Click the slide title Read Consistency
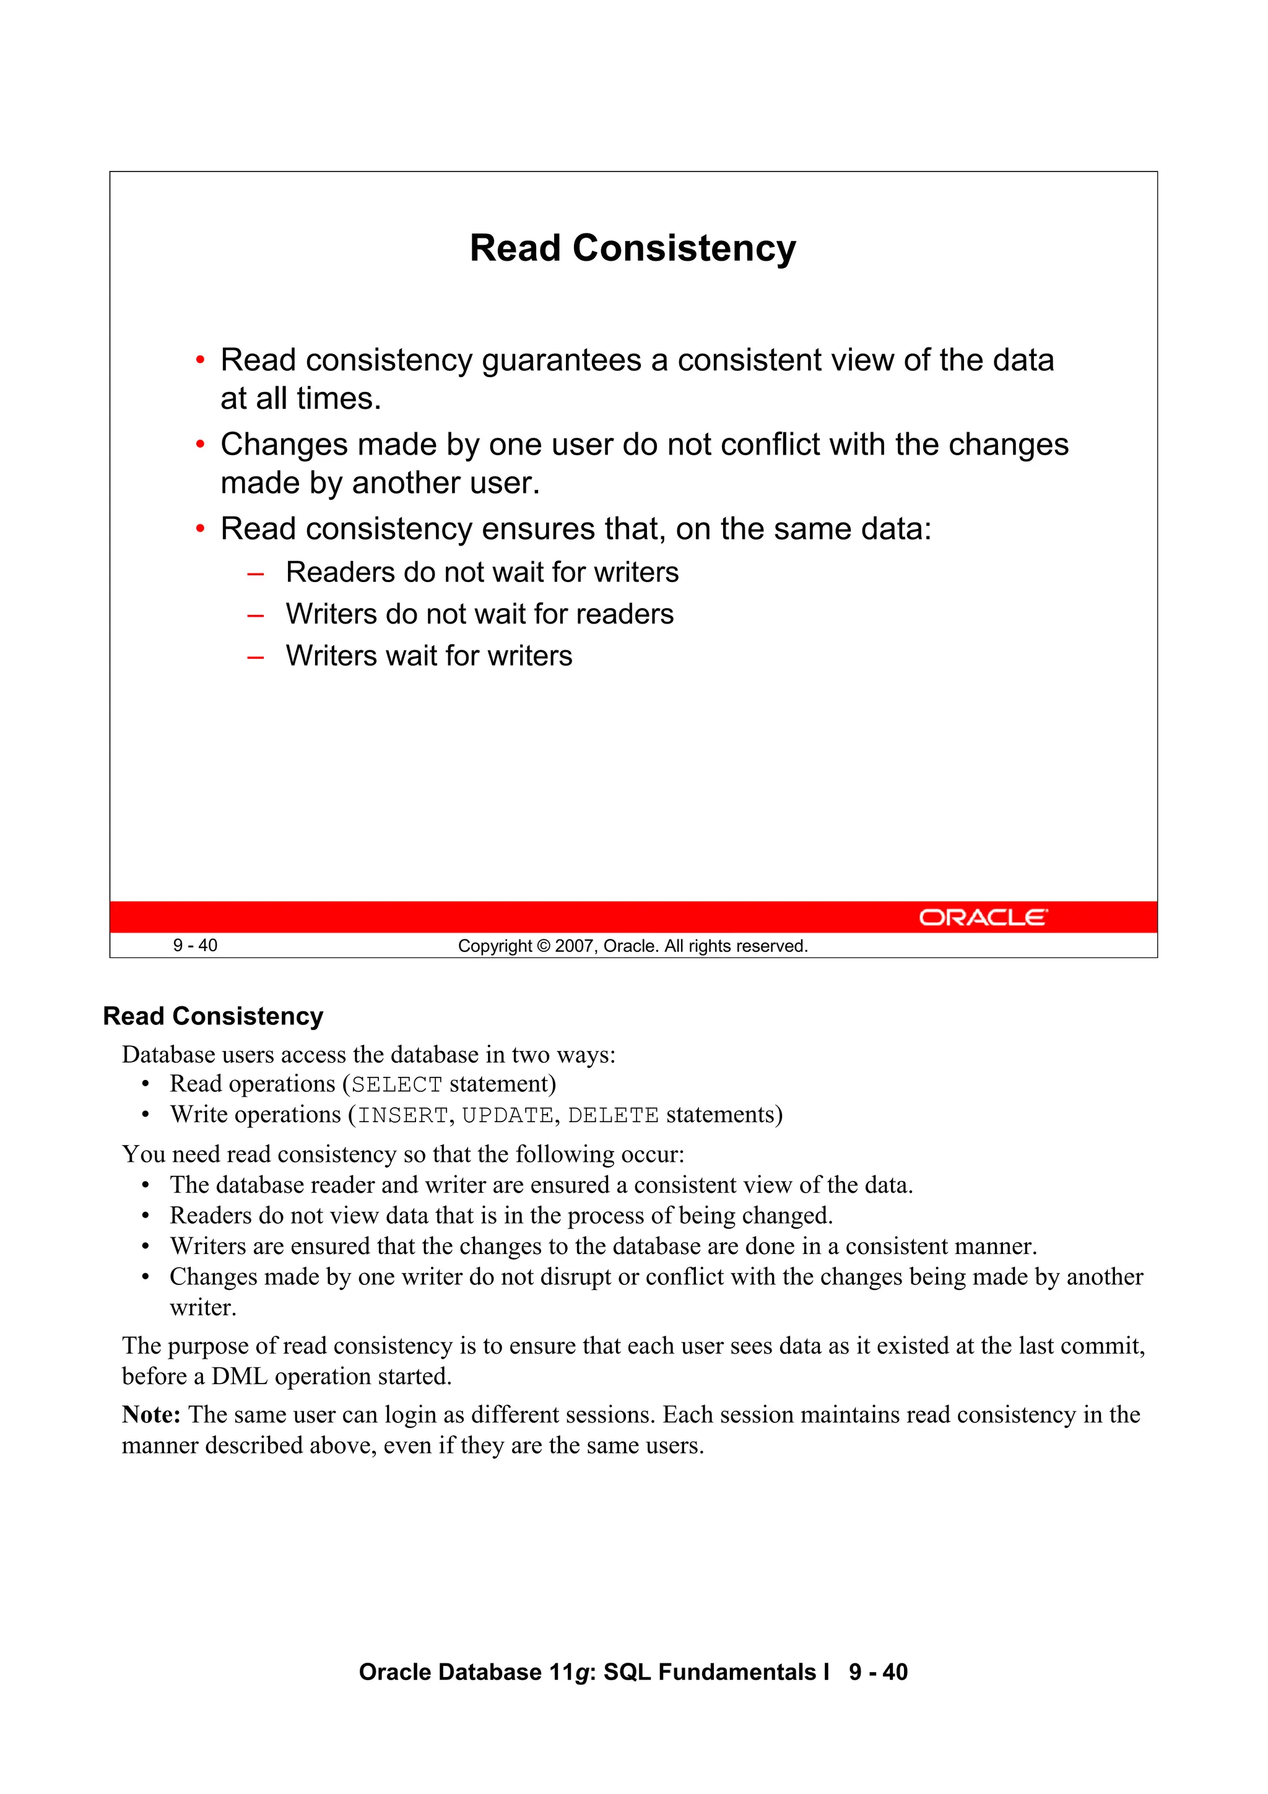tap(633, 248)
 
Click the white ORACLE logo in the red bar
tap(982, 917)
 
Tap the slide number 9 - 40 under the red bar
tap(195, 946)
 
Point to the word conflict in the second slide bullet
tap(770, 445)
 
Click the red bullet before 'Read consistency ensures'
tap(200, 529)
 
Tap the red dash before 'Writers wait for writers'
tap(254, 657)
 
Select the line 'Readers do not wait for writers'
tap(482, 573)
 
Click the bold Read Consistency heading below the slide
tap(213, 1016)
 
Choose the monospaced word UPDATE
tap(507, 1116)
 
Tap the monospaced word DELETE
tap(614, 1116)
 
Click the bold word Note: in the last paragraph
tap(152, 1415)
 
